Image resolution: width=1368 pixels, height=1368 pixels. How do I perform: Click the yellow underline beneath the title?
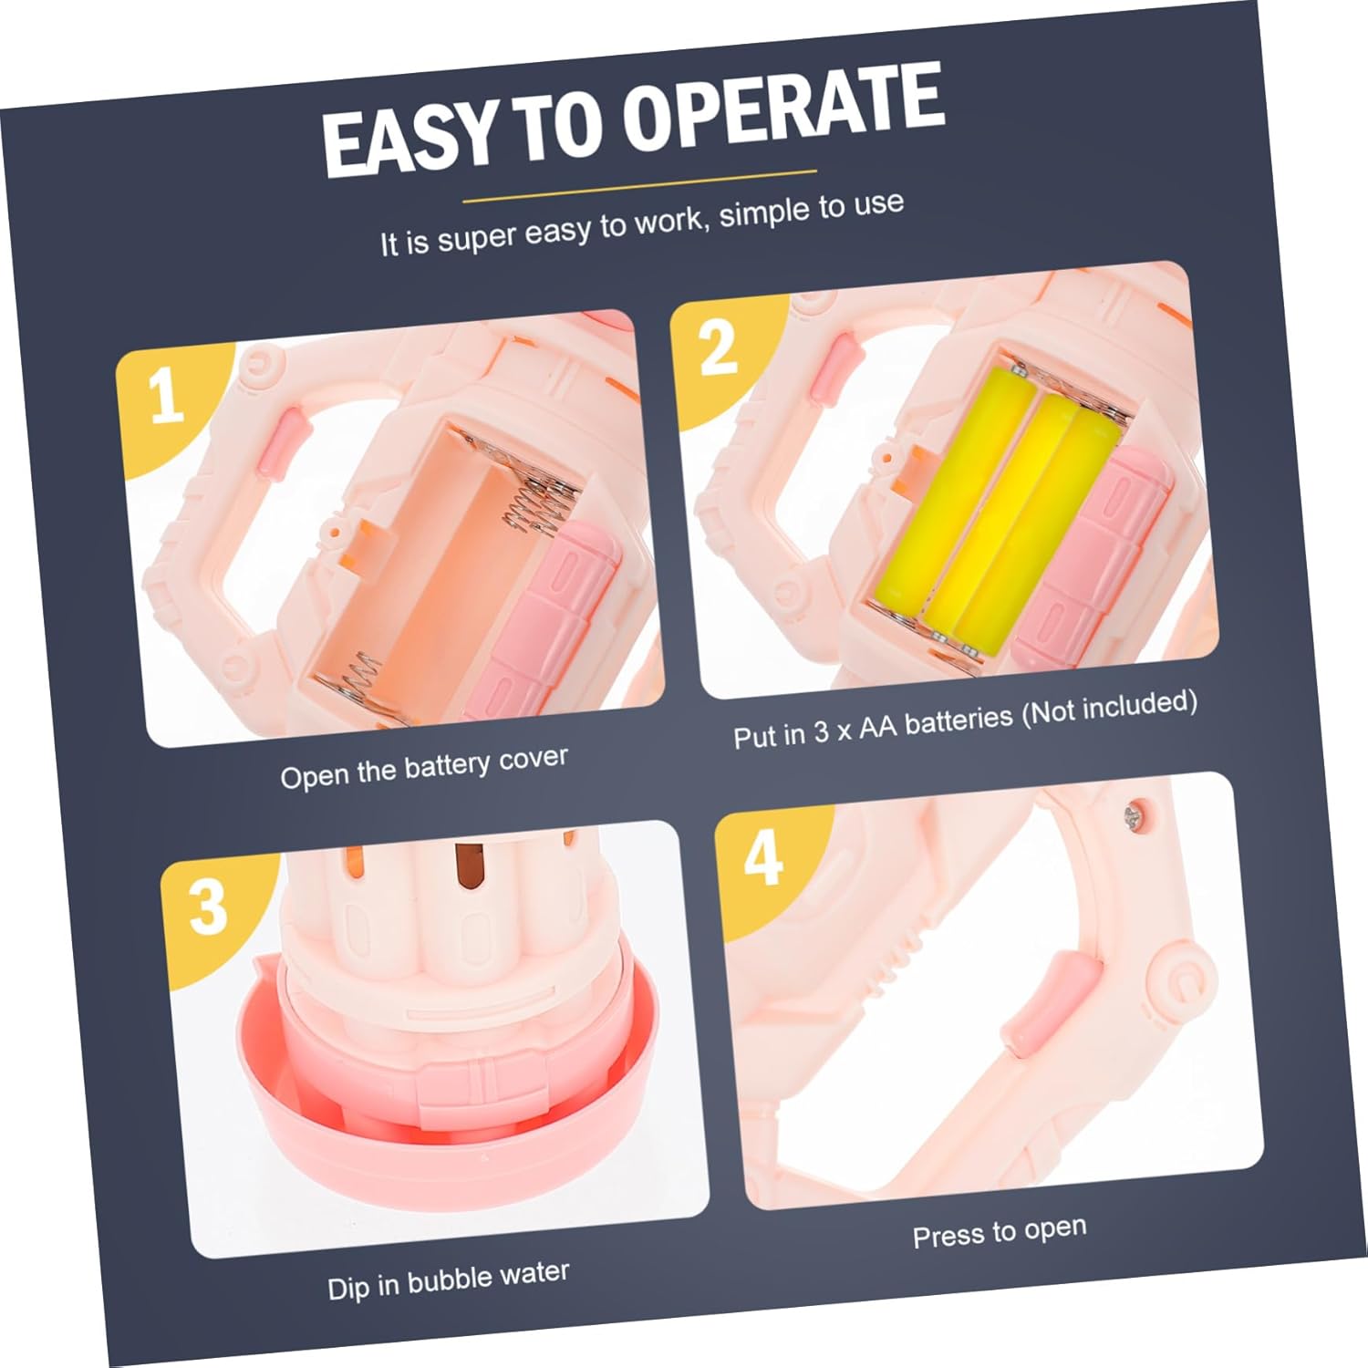[x=639, y=185]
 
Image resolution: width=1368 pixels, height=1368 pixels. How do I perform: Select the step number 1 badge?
[x=165, y=395]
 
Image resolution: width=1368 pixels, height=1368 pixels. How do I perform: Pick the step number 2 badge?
[x=718, y=346]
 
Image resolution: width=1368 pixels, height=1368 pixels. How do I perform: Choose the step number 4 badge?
[x=762, y=856]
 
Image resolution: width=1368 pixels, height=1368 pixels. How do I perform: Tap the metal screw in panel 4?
[x=1137, y=814]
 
